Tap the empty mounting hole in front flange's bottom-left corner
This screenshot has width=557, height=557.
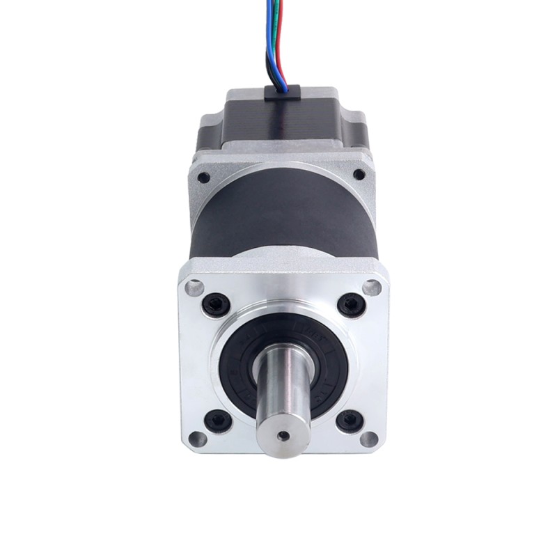point(196,439)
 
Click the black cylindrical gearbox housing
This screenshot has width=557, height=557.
point(278,223)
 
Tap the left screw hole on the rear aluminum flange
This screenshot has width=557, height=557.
point(204,178)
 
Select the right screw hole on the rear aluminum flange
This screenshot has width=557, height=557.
point(359,175)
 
